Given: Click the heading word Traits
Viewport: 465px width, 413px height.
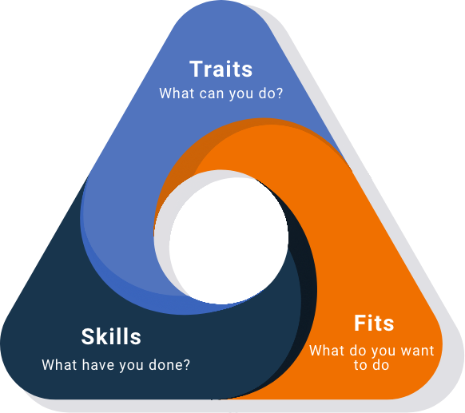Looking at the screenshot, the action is click(x=221, y=69).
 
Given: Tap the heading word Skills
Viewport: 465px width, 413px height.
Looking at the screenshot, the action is click(x=111, y=336).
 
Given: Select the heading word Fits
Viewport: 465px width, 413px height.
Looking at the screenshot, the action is click(x=374, y=323).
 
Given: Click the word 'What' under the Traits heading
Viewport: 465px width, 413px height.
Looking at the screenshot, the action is click(x=177, y=93).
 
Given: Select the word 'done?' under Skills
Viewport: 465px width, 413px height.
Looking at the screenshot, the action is click(x=169, y=365).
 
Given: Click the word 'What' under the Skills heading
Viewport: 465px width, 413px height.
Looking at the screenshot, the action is click(x=60, y=365).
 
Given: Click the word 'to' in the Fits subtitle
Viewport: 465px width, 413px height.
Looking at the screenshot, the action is click(x=360, y=365).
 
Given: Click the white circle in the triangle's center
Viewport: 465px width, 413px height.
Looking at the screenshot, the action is click(x=229, y=240).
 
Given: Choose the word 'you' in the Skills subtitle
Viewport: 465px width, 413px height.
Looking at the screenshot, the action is click(x=131, y=366).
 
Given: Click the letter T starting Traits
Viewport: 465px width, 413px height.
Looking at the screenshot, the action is click(x=197, y=69).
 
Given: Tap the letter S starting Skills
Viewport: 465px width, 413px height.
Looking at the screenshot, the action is click(x=88, y=336).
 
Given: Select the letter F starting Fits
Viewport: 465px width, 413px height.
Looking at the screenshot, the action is click(x=360, y=323).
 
